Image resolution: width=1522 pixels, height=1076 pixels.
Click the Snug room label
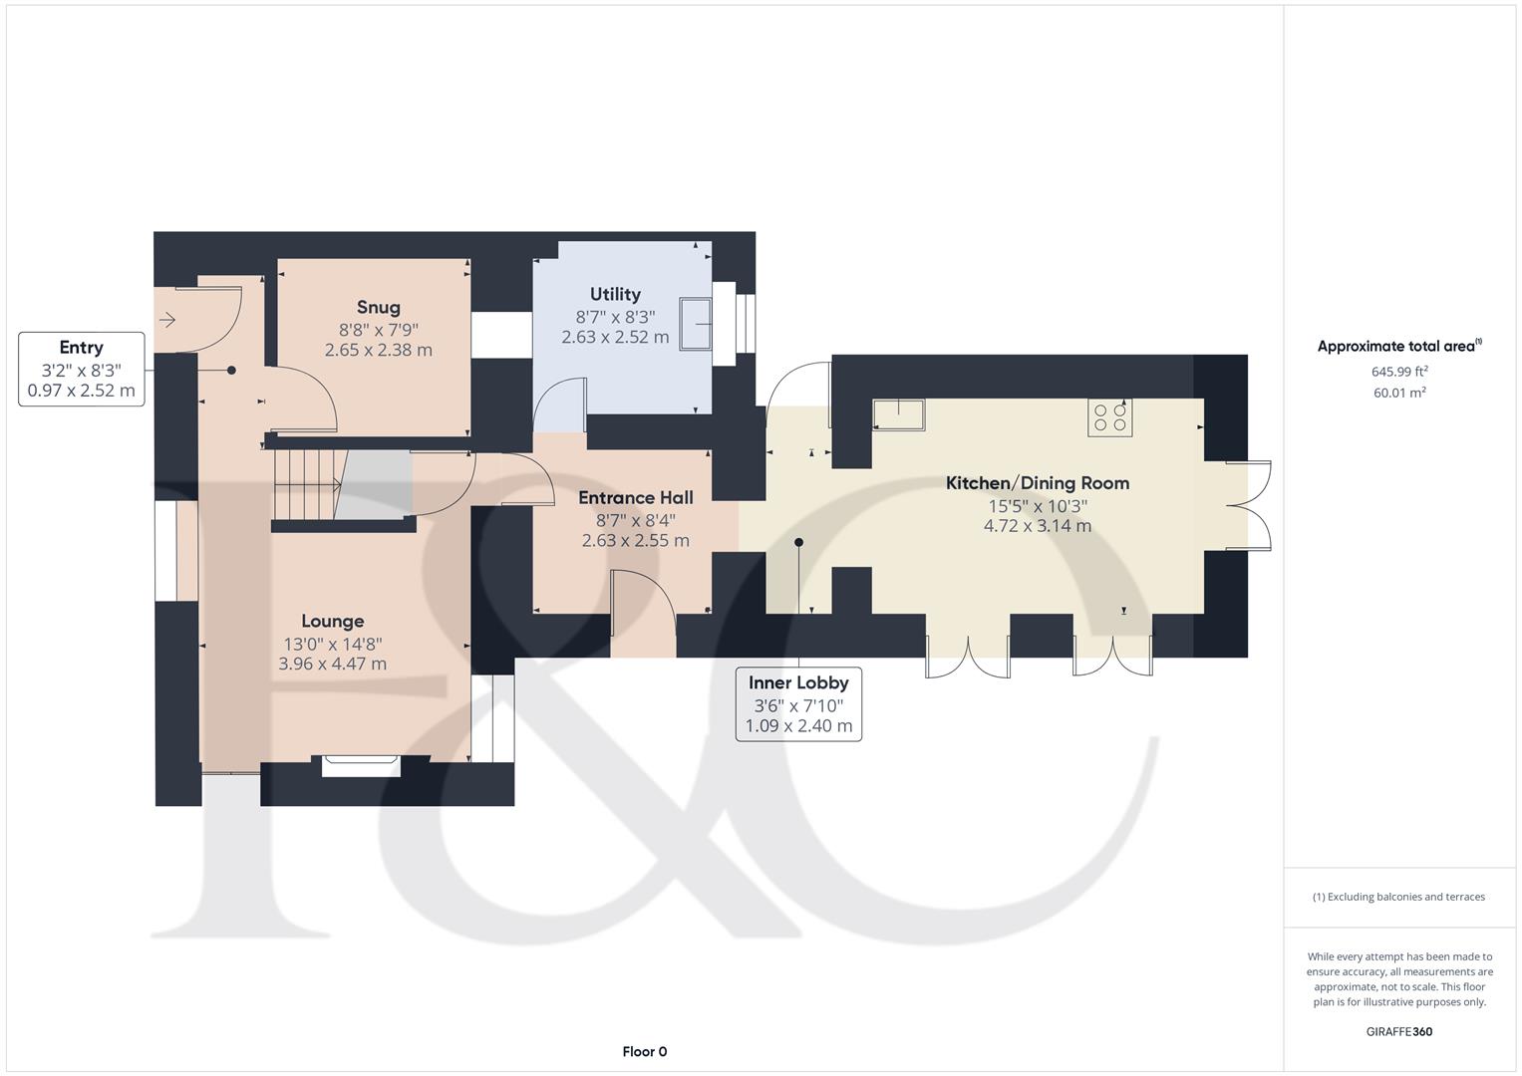pos(379,308)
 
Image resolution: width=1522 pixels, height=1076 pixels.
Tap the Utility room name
pos(615,294)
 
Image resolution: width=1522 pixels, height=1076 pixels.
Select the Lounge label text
pos(332,621)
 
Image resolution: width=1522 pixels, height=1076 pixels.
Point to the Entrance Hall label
pos(635,497)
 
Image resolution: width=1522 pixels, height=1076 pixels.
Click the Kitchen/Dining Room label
pos(1038,483)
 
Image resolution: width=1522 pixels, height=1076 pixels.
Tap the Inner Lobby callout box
pos(798,703)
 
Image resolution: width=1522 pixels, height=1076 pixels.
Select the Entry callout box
pos(82,369)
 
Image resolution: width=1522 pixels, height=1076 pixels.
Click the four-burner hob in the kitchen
pos(1109,417)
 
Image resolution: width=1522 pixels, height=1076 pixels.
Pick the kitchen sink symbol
pos(899,414)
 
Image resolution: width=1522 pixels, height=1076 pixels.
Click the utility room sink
pos(696,324)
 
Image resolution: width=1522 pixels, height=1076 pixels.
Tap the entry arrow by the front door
pos(167,319)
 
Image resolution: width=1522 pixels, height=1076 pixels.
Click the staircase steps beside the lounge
pos(306,485)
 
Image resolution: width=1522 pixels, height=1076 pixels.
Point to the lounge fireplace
pos(361,766)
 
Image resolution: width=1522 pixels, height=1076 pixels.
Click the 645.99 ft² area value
pos(1399,371)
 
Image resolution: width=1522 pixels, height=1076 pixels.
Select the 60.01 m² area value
pos(1399,392)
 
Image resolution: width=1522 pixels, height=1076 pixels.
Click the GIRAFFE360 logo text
pos(1399,1031)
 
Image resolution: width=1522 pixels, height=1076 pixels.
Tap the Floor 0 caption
pos(644,1051)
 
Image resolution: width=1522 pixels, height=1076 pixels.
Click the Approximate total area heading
pos(1399,346)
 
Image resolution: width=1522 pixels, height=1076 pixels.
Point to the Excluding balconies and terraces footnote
pos(1398,897)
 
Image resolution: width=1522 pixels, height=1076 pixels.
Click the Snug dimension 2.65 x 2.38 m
pos(379,350)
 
